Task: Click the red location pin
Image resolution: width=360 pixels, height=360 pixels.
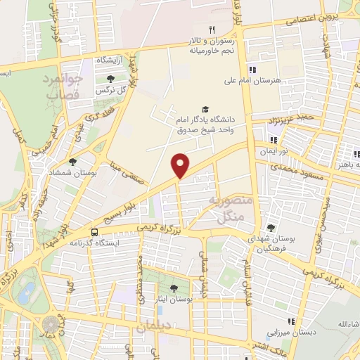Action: tap(181, 164)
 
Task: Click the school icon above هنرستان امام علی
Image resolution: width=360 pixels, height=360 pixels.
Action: tap(252, 69)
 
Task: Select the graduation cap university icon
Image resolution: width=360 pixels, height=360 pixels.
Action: tap(205, 109)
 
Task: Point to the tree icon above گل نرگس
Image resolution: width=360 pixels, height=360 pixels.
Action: tap(110, 79)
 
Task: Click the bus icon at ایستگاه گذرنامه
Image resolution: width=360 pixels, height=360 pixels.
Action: tap(94, 232)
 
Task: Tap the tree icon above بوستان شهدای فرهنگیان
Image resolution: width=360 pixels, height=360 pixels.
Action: tap(271, 228)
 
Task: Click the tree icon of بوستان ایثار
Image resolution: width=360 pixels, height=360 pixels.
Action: tap(174, 288)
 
